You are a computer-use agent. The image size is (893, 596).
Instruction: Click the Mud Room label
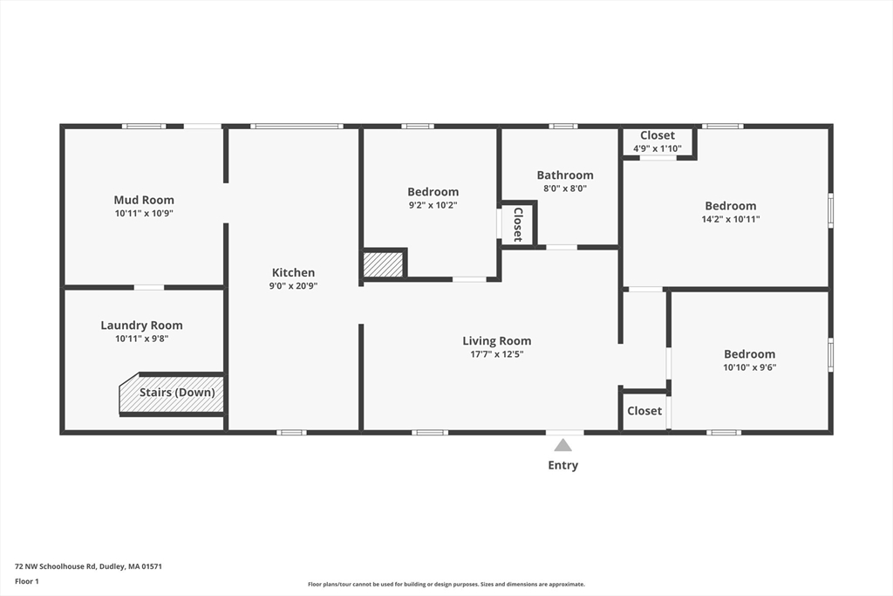tap(144, 200)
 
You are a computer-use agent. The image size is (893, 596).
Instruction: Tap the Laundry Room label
tap(141, 325)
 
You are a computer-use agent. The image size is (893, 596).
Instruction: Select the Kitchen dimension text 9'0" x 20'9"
tap(293, 285)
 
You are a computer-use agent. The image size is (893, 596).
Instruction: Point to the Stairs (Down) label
tap(177, 393)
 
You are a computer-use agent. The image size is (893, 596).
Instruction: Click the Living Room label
tap(496, 341)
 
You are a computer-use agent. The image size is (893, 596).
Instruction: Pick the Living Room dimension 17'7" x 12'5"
tap(496, 354)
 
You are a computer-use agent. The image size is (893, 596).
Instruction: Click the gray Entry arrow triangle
tap(563, 445)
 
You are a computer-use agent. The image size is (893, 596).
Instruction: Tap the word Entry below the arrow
tap(562, 465)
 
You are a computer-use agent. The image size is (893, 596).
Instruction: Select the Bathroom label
tap(564, 175)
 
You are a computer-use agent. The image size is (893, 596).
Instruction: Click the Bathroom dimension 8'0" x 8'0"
tap(564, 188)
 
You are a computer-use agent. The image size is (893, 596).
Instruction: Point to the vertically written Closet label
tap(517, 224)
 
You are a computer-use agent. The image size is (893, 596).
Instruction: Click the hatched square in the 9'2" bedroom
tap(383, 264)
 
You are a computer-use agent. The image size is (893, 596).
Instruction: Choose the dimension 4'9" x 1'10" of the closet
tap(657, 148)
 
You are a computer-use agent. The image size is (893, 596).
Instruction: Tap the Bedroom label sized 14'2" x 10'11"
tap(730, 206)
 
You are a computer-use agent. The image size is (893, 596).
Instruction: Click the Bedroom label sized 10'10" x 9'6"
tap(749, 354)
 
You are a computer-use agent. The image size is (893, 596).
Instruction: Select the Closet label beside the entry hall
tap(644, 411)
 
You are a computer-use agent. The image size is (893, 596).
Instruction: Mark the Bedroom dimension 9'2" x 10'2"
tap(433, 205)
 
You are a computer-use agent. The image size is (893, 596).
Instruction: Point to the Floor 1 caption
tap(27, 581)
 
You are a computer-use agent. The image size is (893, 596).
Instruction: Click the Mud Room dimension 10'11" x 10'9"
tap(144, 213)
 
